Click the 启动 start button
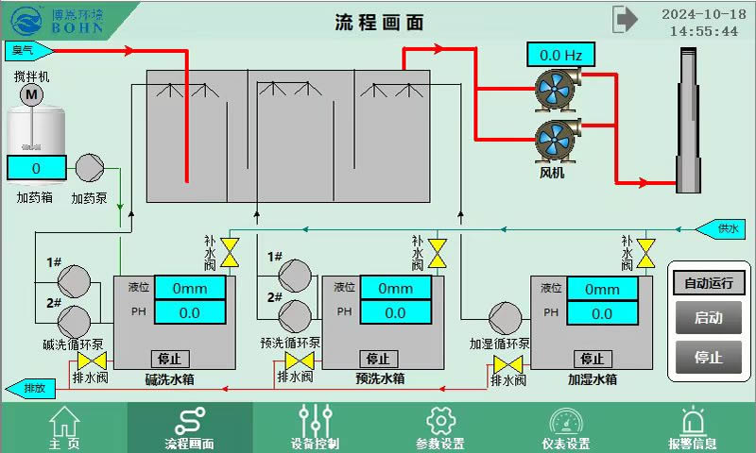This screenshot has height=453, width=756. [708, 318]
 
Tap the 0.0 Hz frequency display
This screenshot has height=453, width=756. [560, 56]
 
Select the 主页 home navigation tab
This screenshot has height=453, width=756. [64, 428]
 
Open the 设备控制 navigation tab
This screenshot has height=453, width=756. [315, 428]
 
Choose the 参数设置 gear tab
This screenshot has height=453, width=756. [439, 428]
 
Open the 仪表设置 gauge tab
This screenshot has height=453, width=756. [565, 428]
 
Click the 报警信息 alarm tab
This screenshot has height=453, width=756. [692, 428]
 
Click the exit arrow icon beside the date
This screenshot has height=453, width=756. [625, 19]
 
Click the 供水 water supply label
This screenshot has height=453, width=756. [723, 228]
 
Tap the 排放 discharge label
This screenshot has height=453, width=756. [30, 388]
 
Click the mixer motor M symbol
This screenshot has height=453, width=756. [32, 94]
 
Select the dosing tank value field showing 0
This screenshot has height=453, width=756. [36, 168]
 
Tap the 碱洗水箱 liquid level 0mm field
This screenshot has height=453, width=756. [190, 288]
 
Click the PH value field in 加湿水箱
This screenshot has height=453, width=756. [601, 313]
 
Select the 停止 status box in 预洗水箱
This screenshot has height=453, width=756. [378, 359]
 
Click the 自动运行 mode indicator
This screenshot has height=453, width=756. [708, 282]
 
